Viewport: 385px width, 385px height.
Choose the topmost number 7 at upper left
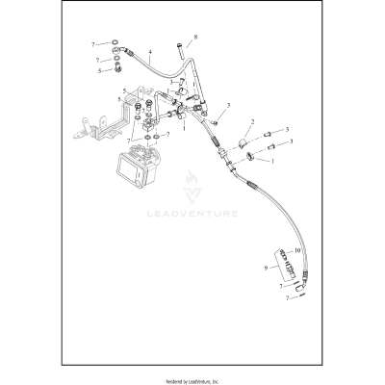[92, 44]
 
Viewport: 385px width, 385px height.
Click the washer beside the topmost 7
[115, 43]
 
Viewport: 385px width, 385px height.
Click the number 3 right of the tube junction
[228, 106]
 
